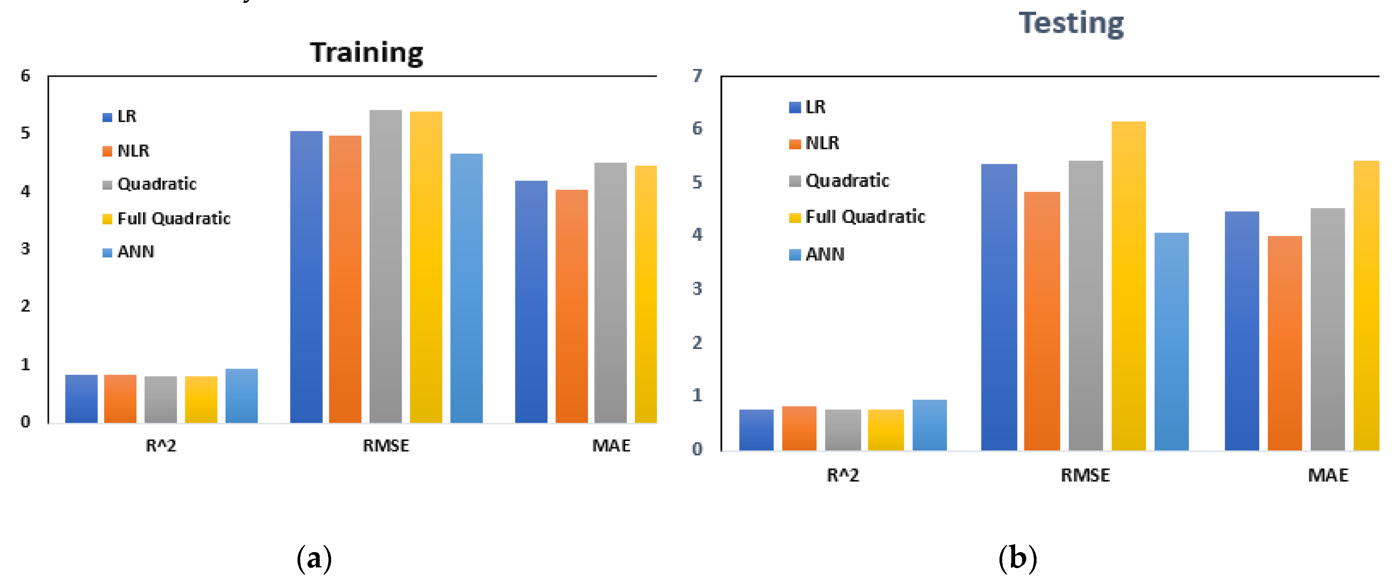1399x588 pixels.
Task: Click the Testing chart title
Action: click(x=1071, y=23)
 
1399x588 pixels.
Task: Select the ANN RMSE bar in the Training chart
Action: click(x=466, y=288)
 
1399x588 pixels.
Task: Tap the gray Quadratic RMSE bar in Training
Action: click(x=386, y=266)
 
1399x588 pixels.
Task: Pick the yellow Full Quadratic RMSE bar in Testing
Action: click(x=1129, y=286)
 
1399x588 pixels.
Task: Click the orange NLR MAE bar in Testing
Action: click(x=1284, y=343)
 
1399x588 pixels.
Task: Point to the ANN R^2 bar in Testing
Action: click(x=929, y=425)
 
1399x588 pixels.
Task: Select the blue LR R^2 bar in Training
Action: click(x=81, y=399)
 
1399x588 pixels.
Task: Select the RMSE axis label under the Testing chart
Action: click(x=1085, y=476)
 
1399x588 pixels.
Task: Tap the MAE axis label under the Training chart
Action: click(x=611, y=446)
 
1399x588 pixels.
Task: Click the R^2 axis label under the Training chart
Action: click(x=161, y=446)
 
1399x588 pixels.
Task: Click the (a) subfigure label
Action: click(x=314, y=558)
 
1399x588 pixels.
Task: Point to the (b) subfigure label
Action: click(x=1017, y=558)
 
